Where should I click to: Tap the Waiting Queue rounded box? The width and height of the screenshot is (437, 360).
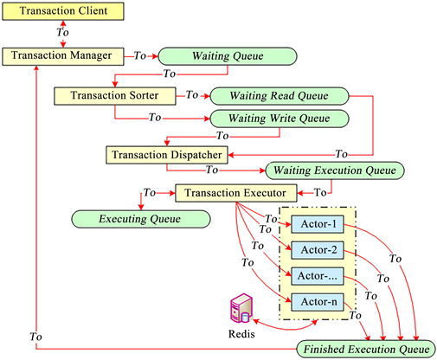(227, 55)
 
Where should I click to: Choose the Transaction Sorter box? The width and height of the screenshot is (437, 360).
(116, 94)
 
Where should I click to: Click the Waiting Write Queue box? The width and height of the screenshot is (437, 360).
(278, 117)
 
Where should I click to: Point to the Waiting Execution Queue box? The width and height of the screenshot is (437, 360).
(332, 170)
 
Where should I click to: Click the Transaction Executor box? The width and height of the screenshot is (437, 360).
(236, 192)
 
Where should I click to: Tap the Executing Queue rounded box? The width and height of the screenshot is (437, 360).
(140, 218)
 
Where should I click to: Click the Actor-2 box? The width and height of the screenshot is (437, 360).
(318, 251)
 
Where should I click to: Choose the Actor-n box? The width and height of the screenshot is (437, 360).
(318, 303)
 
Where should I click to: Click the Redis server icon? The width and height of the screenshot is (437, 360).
(242, 310)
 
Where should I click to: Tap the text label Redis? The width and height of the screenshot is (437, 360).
(242, 334)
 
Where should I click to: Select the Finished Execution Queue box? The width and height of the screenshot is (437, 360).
(363, 350)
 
